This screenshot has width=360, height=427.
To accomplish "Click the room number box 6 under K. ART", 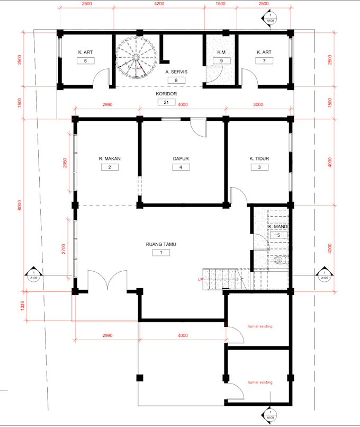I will tap(86, 61).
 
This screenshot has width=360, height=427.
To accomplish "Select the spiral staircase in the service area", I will tap(134, 58).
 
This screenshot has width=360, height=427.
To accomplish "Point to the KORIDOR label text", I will tap(166, 94).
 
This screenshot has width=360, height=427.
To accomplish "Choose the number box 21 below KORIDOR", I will tap(166, 102).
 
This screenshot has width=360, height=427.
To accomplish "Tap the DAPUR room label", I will tap(181, 158).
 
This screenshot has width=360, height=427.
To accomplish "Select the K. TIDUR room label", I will tap(259, 158).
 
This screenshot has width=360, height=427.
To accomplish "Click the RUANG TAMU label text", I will tap(161, 244).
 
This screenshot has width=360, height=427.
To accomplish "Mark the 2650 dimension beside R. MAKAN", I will tap(65, 163).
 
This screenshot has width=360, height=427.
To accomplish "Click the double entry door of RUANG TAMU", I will tap(107, 281).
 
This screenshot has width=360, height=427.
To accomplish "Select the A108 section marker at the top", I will tap(270, 18).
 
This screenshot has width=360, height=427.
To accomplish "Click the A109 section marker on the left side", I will tap(33, 275).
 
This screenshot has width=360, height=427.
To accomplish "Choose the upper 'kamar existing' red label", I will tap(260, 326).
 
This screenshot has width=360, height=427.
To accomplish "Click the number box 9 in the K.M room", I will tap(218, 61).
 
